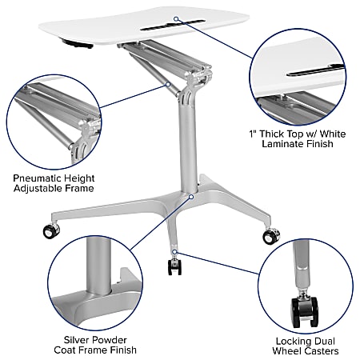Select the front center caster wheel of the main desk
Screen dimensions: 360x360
tap(174, 266)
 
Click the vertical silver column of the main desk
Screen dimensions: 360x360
tap(186, 152)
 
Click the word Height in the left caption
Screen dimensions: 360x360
tap(80, 177)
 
